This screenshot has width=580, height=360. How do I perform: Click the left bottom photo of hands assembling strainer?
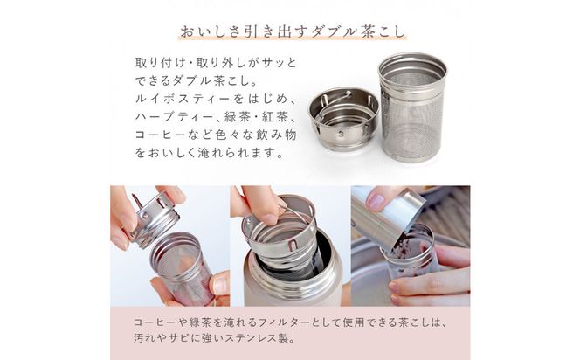[169, 245]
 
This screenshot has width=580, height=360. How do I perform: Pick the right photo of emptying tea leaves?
[410, 245]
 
